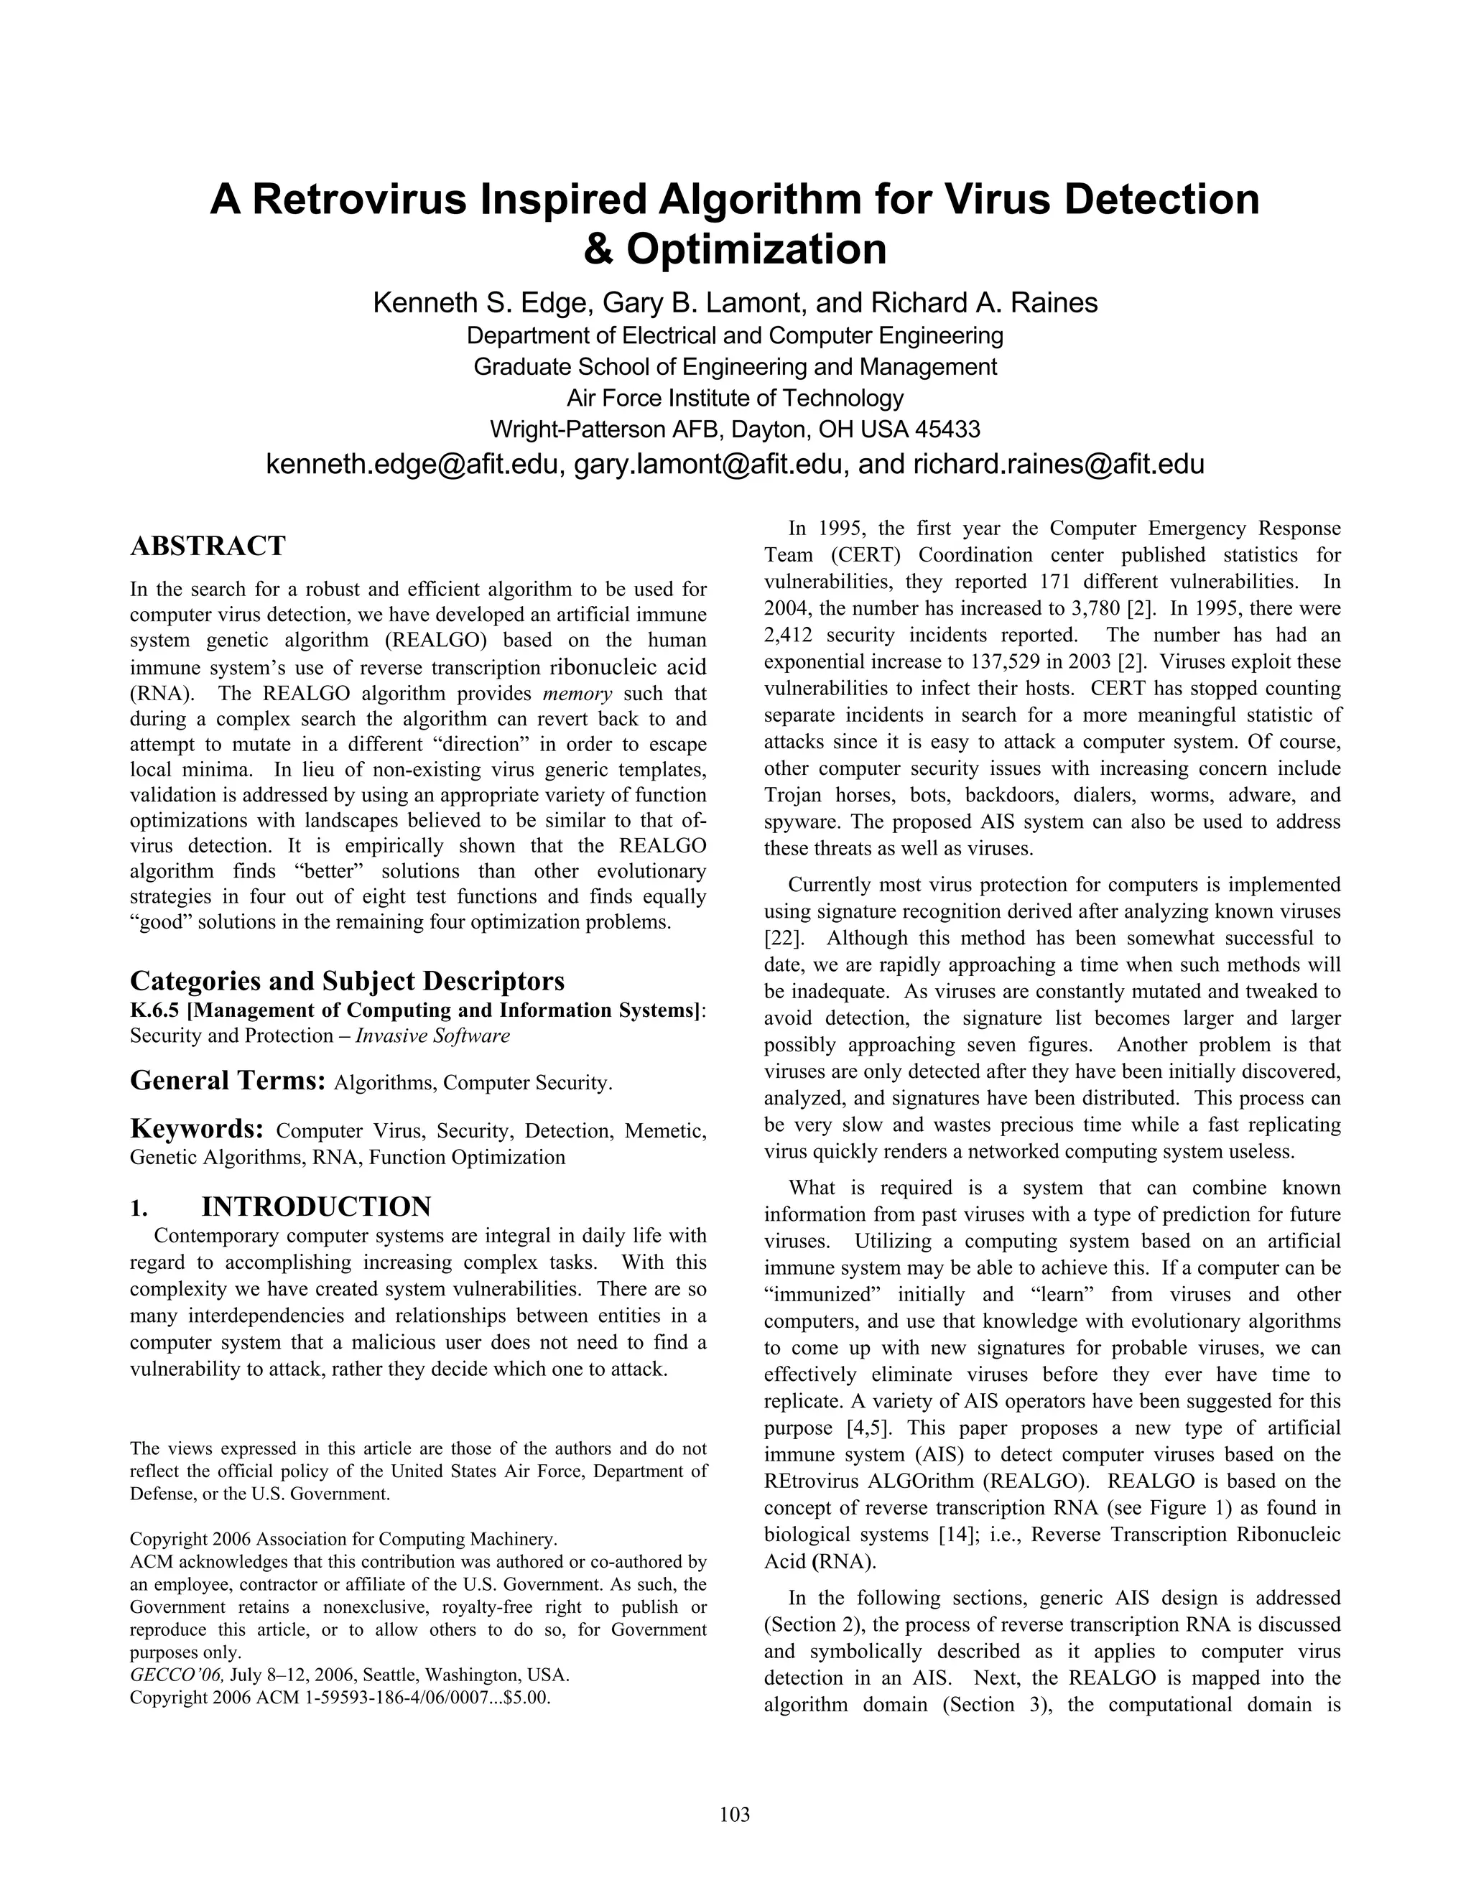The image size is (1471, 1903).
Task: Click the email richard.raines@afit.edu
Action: point(1058,465)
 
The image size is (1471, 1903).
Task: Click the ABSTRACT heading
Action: point(208,546)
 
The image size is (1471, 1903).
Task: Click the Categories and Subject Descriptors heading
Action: point(347,981)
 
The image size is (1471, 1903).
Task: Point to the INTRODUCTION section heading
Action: point(316,1207)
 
